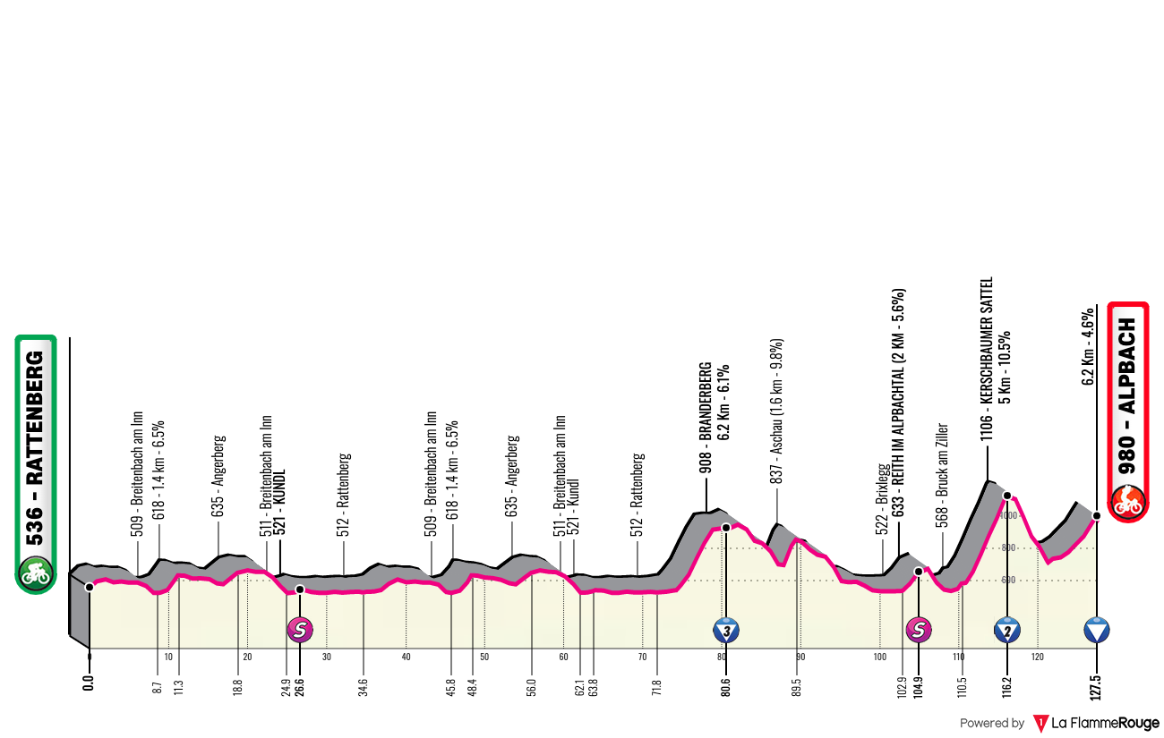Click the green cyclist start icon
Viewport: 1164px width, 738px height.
coord(35,574)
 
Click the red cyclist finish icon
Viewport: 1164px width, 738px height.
coord(1127,502)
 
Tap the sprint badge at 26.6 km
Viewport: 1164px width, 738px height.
coord(300,630)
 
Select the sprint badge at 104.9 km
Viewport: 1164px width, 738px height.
coord(919,630)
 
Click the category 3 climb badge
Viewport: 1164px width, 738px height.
coord(726,630)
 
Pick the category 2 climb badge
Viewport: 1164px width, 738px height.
coord(1007,630)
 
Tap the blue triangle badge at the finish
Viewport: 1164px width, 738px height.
coord(1097,630)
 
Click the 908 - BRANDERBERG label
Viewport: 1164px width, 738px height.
coord(706,418)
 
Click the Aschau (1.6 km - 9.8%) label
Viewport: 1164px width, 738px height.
coord(776,411)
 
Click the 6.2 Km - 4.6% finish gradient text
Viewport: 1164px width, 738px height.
coord(1088,347)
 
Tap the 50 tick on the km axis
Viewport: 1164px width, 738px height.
coord(484,657)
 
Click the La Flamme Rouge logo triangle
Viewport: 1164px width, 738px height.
coord(1040,724)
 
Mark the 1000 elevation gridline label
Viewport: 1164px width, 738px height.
coord(1008,515)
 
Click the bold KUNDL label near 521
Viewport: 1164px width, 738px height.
coord(279,495)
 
